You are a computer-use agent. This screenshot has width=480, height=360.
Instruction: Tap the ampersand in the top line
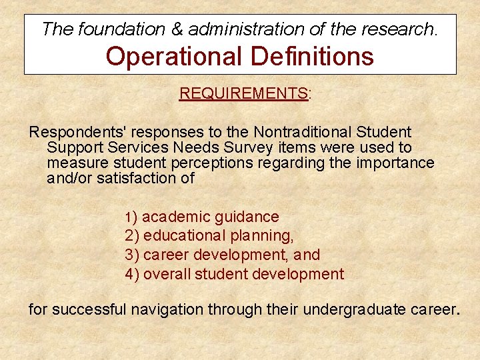tap(177, 29)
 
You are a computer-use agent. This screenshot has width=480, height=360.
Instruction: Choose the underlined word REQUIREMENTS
tap(243, 93)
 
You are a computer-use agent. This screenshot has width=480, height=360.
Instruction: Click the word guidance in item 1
tap(247, 217)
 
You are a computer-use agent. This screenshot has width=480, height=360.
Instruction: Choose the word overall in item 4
tap(165, 274)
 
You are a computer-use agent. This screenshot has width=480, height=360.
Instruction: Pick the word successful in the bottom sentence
tap(89, 309)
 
